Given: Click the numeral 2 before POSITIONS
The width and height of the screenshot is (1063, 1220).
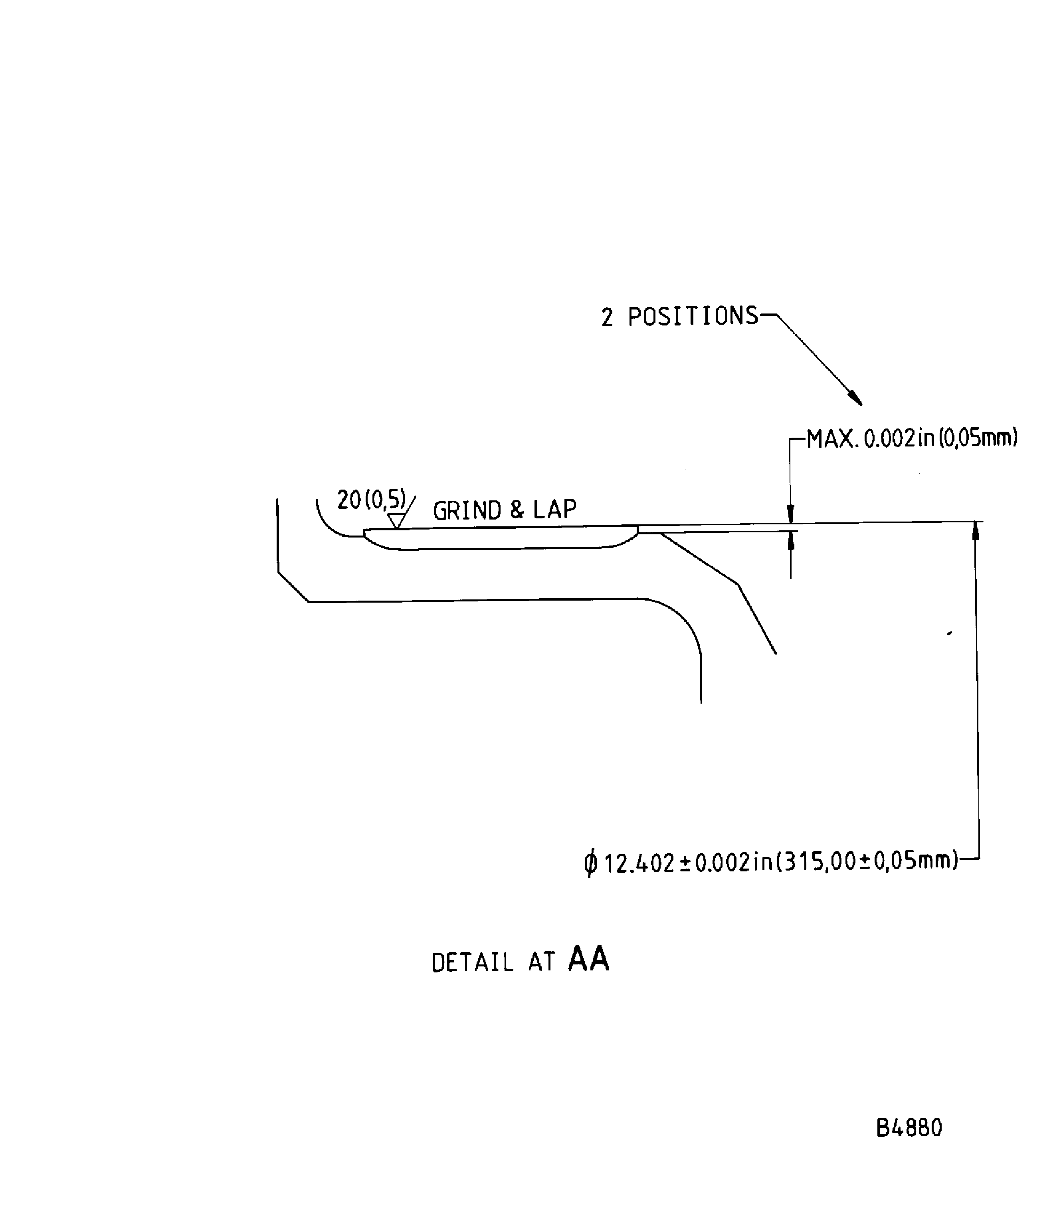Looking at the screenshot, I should (x=607, y=318).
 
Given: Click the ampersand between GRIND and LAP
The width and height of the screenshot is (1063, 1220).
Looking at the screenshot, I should (x=517, y=510).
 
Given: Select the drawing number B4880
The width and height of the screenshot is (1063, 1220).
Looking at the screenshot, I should (x=909, y=1128).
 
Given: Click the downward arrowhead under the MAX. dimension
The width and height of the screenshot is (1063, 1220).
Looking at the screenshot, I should (x=790, y=514).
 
